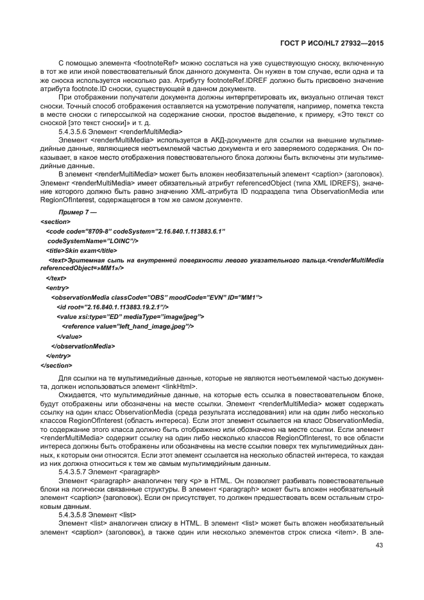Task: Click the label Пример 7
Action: pos(76,211)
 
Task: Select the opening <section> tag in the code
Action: pos(55,221)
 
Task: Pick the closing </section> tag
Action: pos(56,365)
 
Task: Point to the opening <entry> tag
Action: pos(58,288)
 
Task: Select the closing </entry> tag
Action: pos(59,356)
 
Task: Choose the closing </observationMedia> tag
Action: pos(83,346)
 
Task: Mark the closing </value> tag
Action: pos(69,336)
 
